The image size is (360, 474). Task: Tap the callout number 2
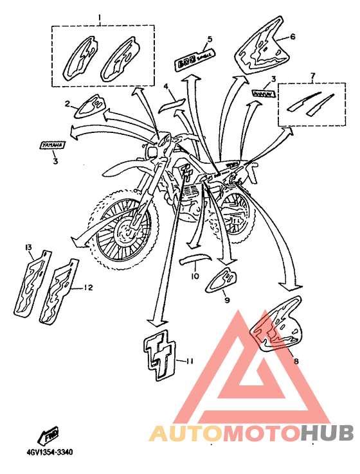(x=67, y=103)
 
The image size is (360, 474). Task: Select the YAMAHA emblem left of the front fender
(x=55, y=146)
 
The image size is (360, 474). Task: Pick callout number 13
(x=28, y=247)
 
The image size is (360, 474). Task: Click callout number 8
(x=296, y=362)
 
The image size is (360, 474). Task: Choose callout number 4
(x=165, y=85)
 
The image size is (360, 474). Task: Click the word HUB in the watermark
(x=327, y=434)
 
